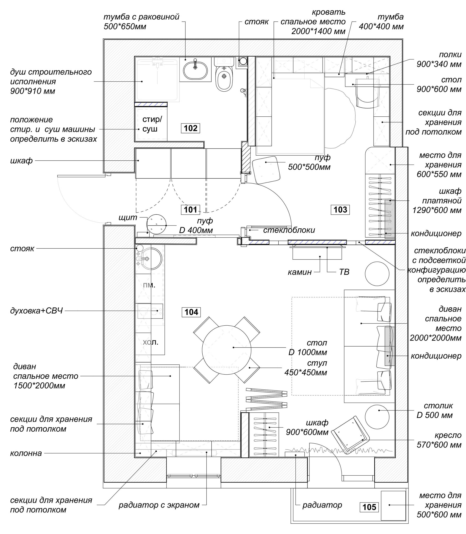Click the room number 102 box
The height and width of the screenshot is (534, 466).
tap(191, 128)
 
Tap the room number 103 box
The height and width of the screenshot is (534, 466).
tap(340, 210)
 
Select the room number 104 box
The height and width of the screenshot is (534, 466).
tap(191, 312)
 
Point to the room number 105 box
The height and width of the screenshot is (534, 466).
tap(369, 507)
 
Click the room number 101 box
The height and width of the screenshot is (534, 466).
tap(190, 210)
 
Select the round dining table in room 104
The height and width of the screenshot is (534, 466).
tap(227, 350)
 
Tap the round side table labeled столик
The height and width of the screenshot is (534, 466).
tap(377, 417)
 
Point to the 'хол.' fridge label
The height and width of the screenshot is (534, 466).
tap(150, 342)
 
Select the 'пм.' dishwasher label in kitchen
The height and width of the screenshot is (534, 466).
tap(149, 285)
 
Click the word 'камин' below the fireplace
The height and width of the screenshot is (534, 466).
tap(300, 272)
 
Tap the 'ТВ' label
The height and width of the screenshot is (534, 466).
tap(344, 272)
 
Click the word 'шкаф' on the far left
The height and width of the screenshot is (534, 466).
tap(21, 161)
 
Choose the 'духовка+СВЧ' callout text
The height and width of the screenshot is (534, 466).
tap(36, 311)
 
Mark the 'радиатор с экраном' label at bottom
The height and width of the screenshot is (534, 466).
tap(159, 505)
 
